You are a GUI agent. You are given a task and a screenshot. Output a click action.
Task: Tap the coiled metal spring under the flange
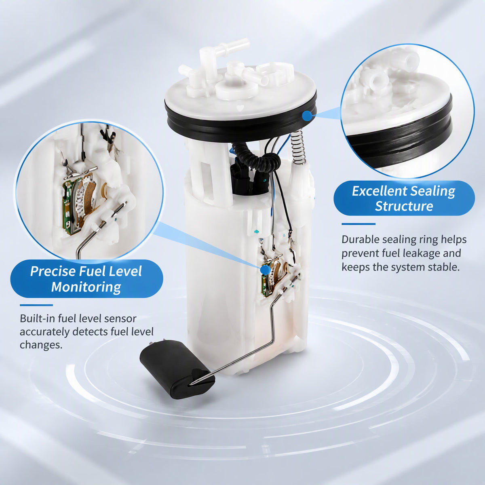[x=298, y=146]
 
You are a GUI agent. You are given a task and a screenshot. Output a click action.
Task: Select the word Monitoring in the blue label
[x=86, y=287]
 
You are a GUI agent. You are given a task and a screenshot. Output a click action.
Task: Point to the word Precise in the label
[x=53, y=271]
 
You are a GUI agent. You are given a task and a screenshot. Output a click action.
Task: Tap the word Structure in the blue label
[x=404, y=206]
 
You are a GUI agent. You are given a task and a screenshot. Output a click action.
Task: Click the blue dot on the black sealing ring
[x=307, y=116]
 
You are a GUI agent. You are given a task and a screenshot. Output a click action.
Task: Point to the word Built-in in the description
[x=37, y=318]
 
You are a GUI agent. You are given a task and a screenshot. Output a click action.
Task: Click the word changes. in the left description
[x=41, y=345]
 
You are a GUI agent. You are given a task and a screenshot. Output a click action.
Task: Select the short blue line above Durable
[x=358, y=224]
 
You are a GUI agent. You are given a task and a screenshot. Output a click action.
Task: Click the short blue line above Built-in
[x=36, y=305]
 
